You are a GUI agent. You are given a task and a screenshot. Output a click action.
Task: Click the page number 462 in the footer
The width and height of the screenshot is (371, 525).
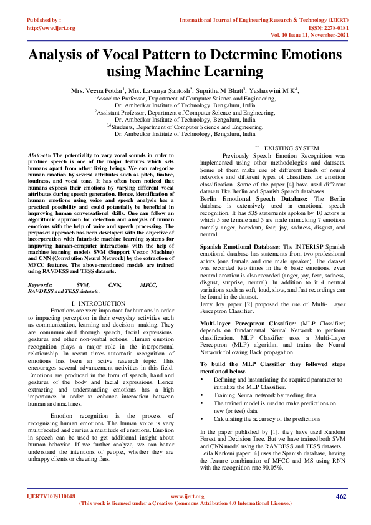(340, 496)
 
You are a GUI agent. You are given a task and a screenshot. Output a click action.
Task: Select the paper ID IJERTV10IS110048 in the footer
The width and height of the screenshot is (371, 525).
(50, 496)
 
